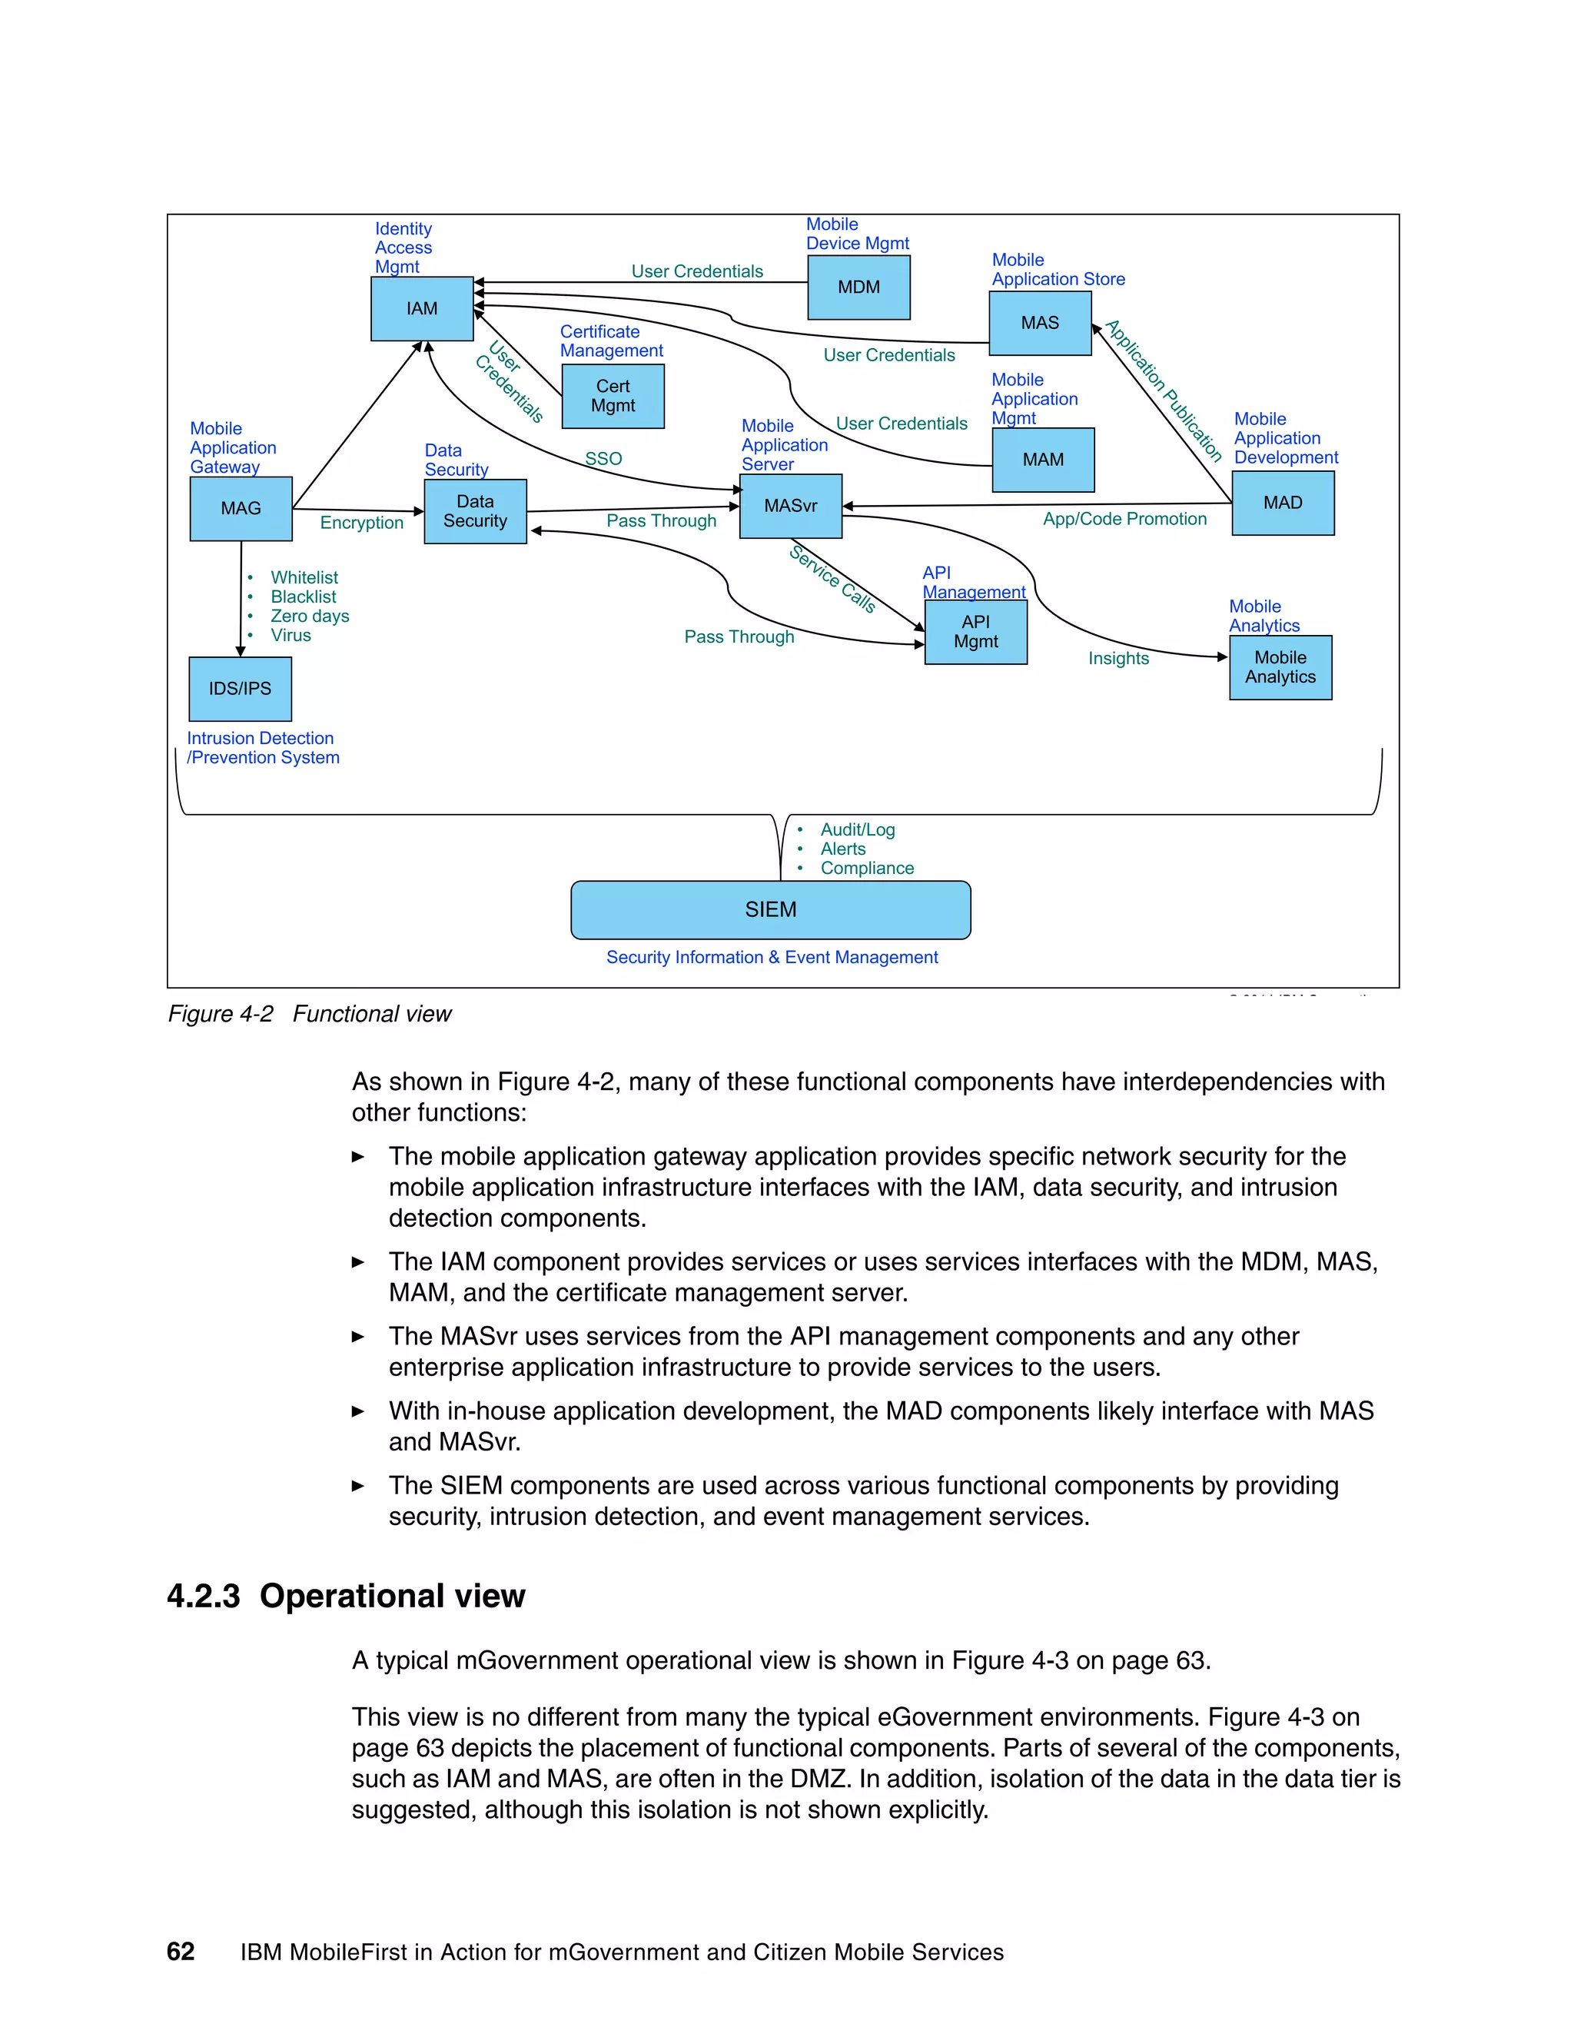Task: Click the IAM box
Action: [421, 309]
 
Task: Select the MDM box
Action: [858, 287]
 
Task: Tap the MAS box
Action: [1040, 323]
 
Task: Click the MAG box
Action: [241, 508]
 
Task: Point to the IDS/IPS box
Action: [240, 688]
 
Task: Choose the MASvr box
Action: [790, 506]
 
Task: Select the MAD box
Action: [1282, 503]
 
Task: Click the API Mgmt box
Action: [975, 631]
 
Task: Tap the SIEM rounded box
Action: [770, 909]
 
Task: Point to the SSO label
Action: [603, 459]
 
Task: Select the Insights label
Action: [1118, 659]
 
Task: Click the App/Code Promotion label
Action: [1124, 520]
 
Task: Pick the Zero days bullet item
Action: [310, 616]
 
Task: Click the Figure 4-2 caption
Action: [310, 1014]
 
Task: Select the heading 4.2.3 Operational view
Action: [346, 1596]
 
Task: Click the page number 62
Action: [180, 1951]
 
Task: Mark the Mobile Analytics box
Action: [1280, 667]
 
